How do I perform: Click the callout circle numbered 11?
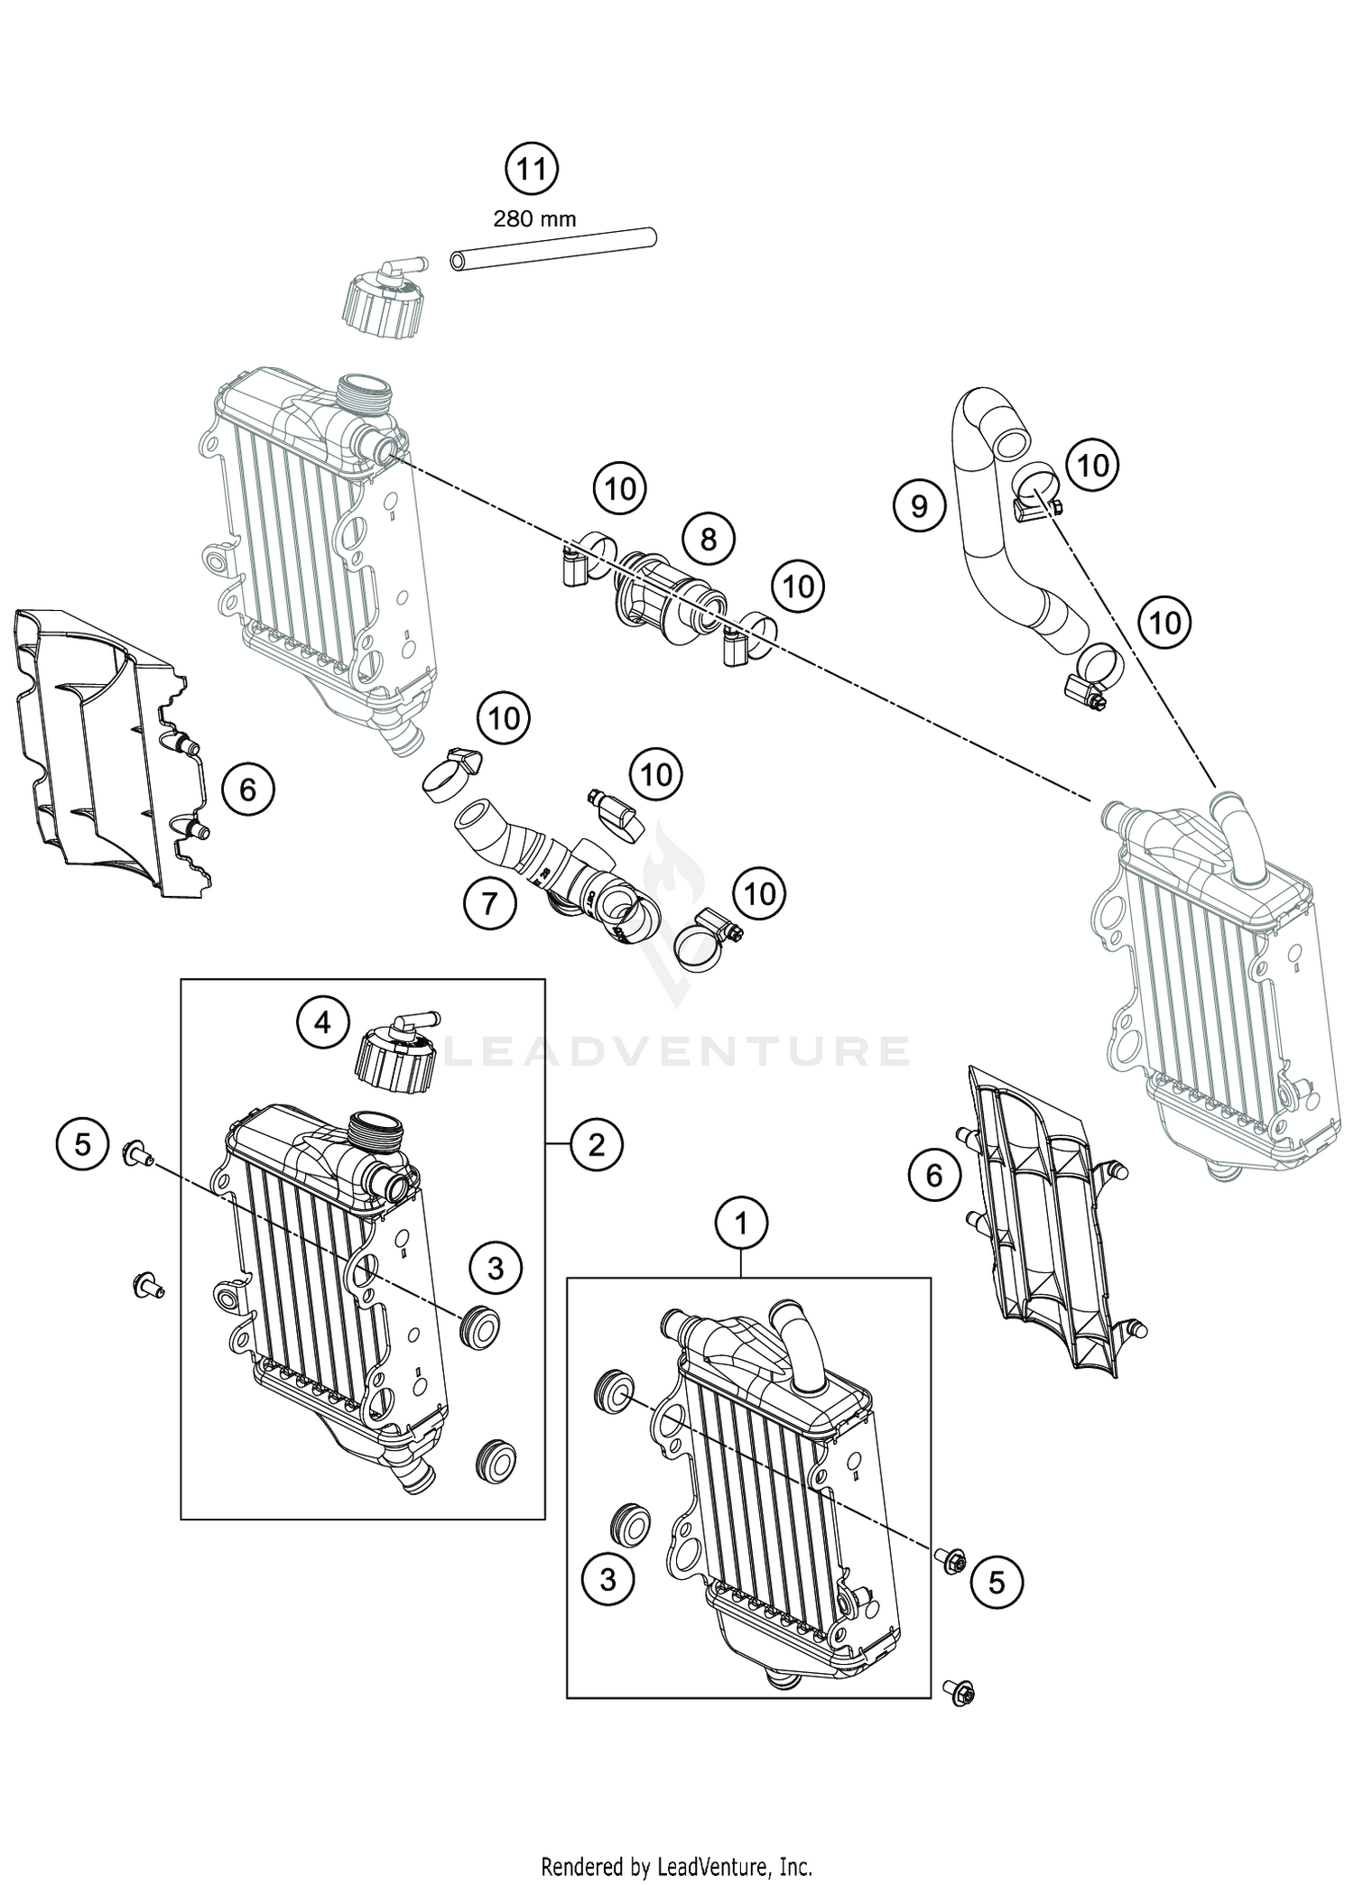tap(532, 169)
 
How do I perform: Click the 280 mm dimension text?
tap(534, 218)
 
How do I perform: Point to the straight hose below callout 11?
tap(552, 249)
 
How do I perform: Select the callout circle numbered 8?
tap(709, 540)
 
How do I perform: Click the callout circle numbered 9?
tap(919, 505)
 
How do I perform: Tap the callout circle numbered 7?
tap(490, 901)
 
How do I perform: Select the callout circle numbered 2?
tap(597, 1145)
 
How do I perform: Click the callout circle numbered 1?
tap(742, 1224)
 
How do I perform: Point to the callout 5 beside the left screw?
tap(82, 1145)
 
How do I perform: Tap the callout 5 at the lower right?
tap(997, 1582)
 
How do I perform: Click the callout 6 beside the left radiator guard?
tap(247, 790)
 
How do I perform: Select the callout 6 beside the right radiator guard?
tap(934, 1175)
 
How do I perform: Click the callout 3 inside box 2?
tap(496, 1269)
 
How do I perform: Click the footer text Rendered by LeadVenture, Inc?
tap(676, 1862)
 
